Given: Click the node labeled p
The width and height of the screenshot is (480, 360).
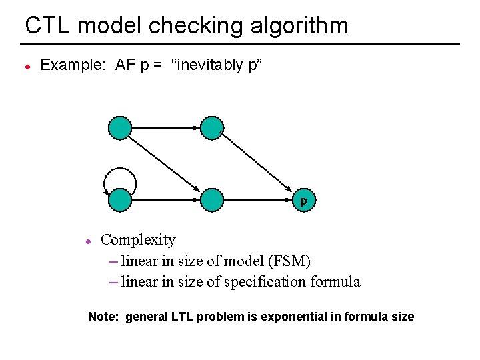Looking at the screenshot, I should click(x=303, y=199).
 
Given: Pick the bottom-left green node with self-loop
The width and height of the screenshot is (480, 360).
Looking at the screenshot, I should click(x=121, y=199).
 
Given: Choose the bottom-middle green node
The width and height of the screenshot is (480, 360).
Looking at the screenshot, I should click(x=212, y=199).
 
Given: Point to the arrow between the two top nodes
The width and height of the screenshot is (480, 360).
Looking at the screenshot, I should click(x=166, y=127).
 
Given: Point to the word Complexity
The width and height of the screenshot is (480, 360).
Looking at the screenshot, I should click(x=138, y=240).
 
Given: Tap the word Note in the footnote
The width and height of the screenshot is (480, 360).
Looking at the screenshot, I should click(x=103, y=317).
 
